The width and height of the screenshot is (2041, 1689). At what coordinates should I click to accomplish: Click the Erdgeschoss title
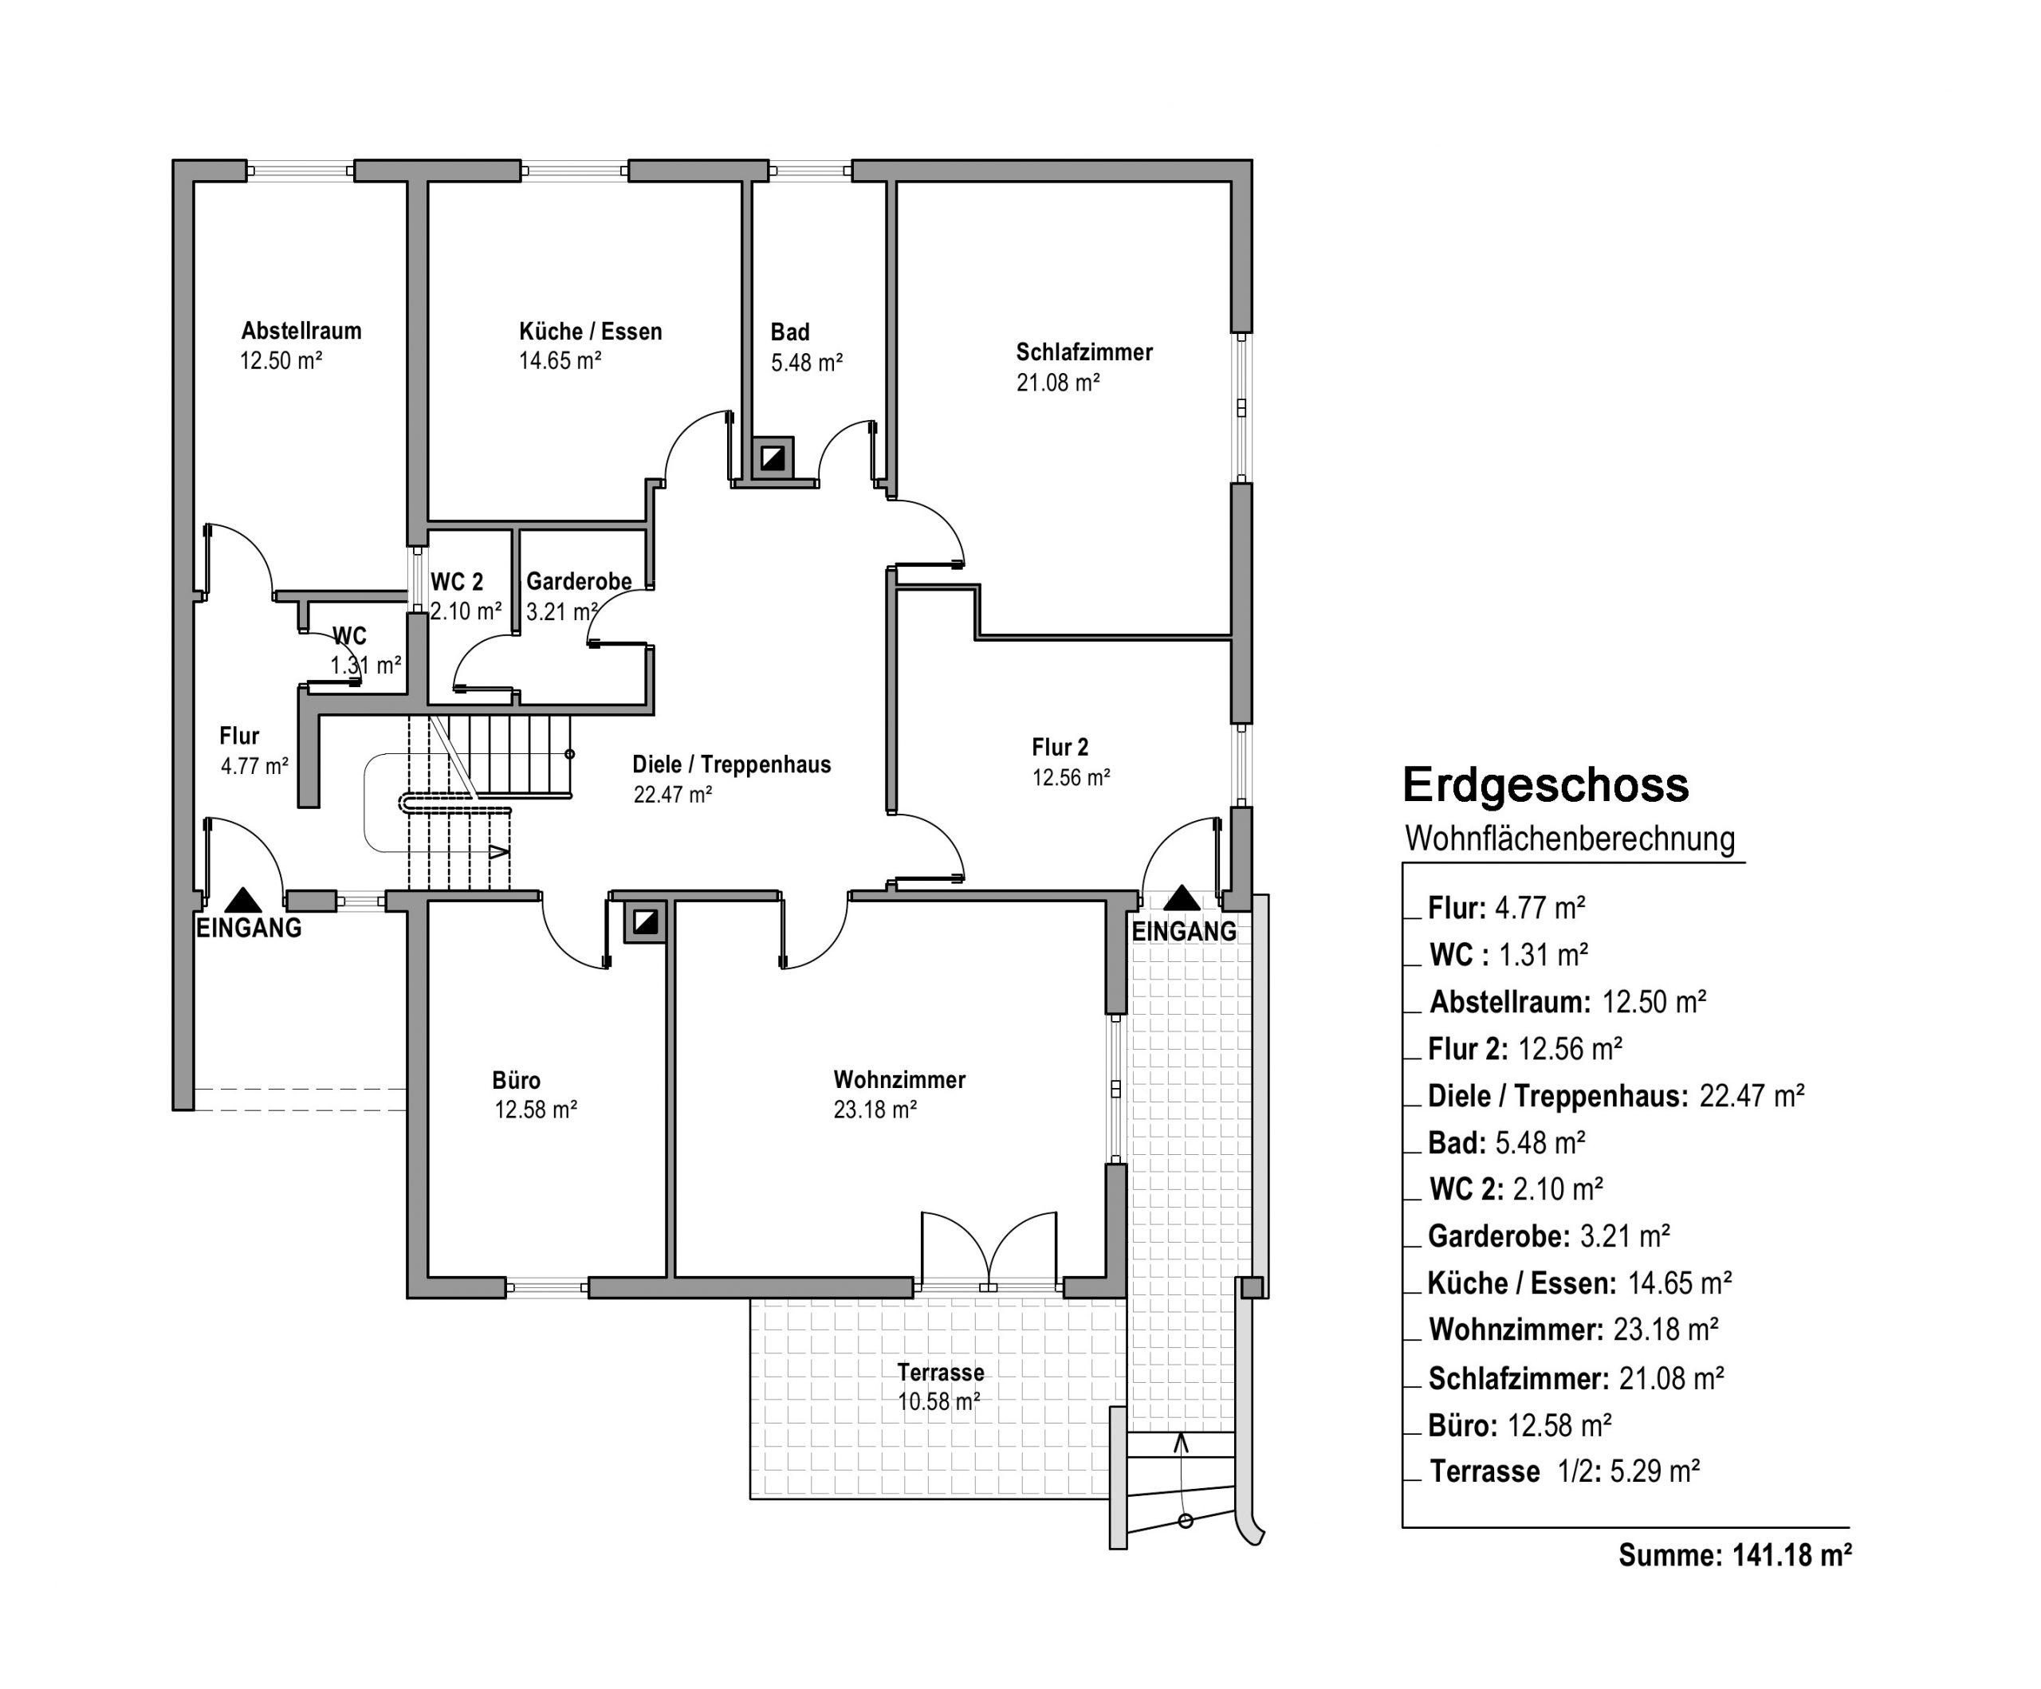click(1545, 785)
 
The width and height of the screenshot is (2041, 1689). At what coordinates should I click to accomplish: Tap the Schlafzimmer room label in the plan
click(1083, 352)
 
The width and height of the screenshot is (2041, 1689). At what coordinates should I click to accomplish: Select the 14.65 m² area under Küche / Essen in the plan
click(560, 360)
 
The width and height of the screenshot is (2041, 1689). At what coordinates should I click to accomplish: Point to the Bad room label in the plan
click(789, 332)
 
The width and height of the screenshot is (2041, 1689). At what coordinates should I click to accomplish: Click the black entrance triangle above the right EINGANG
click(1182, 898)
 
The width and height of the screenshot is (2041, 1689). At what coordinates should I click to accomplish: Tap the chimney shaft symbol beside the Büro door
click(644, 921)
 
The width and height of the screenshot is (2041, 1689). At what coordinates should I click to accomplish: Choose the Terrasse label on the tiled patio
click(940, 1373)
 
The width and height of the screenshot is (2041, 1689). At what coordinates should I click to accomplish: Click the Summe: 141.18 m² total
click(1735, 1555)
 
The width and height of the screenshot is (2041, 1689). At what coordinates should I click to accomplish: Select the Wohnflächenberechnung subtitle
click(1570, 839)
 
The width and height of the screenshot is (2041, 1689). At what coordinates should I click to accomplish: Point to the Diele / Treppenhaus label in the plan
click(732, 765)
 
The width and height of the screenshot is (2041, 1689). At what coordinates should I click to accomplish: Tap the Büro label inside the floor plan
click(516, 1081)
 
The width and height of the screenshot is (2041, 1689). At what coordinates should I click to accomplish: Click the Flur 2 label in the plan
click(1060, 748)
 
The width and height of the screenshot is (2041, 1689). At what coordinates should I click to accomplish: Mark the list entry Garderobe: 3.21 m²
click(1549, 1236)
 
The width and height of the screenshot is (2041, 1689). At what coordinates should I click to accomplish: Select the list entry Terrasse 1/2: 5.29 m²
click(1565, 1471)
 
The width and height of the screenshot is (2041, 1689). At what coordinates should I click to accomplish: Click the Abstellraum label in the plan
click(301, 331)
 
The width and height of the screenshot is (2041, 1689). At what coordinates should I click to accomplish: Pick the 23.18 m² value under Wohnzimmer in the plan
click(875, 1110)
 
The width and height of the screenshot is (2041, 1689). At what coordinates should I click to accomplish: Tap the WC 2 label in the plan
click(457, 582)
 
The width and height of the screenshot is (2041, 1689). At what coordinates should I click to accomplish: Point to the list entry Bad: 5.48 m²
click(1507, 1143)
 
